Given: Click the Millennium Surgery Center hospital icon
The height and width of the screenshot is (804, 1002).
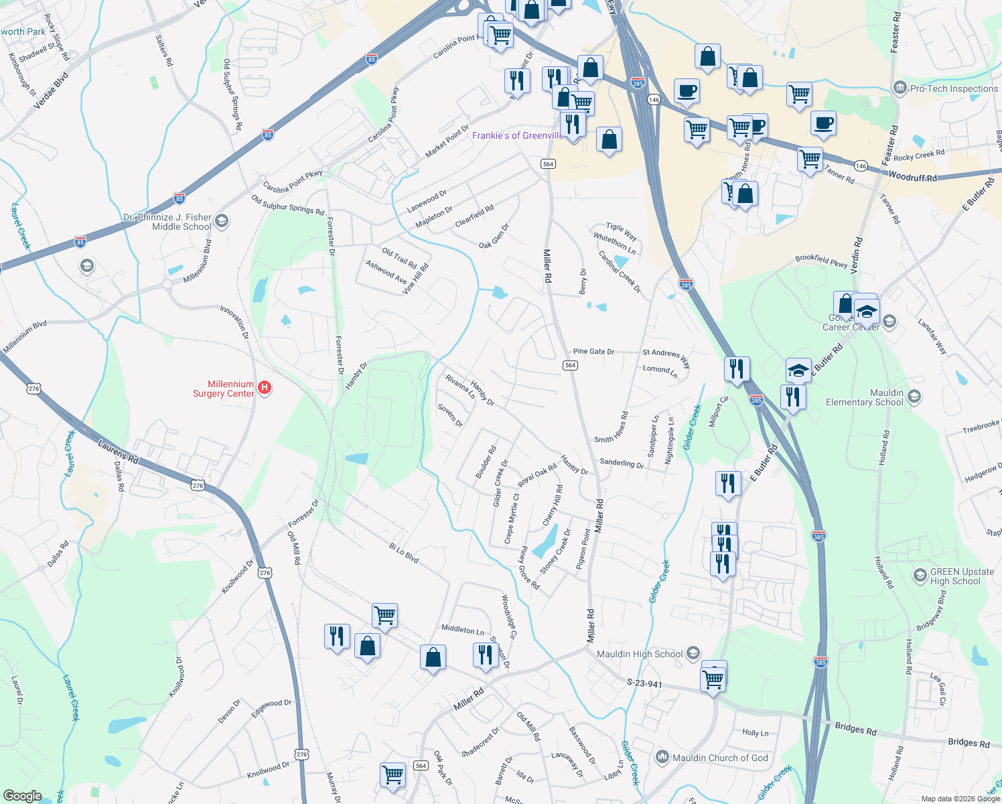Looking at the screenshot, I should tap(265, 388).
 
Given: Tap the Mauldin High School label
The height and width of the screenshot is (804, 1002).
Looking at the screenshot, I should tap(639, 654).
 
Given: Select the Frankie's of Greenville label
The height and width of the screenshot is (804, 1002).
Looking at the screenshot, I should tap(517, 135).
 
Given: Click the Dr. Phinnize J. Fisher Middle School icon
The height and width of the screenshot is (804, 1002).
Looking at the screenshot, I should tap(222, 220).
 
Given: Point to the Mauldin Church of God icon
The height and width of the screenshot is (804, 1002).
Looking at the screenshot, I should tap(662, 757).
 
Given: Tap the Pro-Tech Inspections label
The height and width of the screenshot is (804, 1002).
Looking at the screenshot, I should tap(954, 88).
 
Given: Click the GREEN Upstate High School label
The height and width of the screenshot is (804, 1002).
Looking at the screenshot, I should tap(962, 576).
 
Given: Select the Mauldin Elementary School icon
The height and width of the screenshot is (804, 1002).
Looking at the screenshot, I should tap(914, 397).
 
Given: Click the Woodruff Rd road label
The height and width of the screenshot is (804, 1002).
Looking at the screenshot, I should tap(912, 177).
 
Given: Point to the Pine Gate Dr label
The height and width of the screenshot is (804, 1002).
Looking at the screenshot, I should tap(593, 352).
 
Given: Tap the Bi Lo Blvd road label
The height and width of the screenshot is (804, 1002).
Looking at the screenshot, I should tap(404, 553).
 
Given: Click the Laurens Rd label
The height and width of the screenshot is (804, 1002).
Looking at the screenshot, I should tap(118, 452).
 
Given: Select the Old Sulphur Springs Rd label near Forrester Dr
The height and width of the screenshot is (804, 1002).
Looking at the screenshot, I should tap(287, 204).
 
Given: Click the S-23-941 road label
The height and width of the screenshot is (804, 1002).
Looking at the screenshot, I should tap(644, 683).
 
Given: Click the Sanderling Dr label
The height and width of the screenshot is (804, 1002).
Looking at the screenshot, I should tap(622, 463).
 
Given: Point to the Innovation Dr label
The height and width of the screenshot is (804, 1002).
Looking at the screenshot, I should tap(234, 322).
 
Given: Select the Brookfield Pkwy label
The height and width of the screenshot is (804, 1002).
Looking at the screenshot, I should tap(821, 261).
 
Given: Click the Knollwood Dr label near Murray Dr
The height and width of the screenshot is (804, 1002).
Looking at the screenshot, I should tap(268, 769).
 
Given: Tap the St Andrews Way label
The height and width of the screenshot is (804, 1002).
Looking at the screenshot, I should tap(666, 358).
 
